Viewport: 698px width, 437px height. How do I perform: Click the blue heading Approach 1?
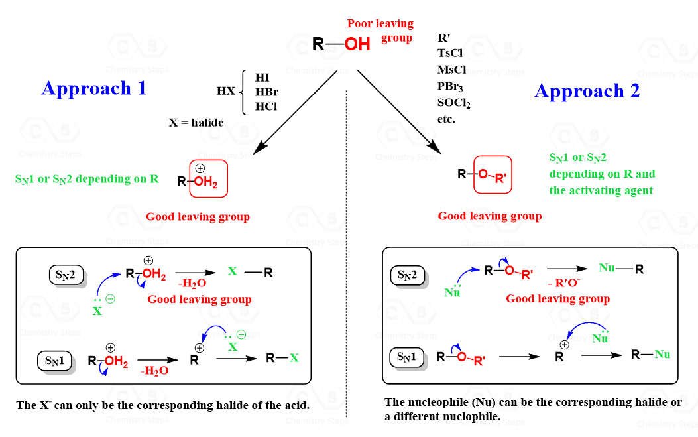click(93, 88)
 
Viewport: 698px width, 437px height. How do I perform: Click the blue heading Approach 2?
click(587, 91)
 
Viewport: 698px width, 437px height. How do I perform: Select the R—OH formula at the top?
click(341, 45)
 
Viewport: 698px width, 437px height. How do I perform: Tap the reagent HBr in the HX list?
click(266, 92)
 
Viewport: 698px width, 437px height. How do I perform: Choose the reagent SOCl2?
click(453, 103)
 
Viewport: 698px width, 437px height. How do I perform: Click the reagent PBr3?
click(451, 87)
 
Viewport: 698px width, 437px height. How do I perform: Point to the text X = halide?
click(196, 123)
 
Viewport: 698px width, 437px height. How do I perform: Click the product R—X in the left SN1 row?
click(282, 358)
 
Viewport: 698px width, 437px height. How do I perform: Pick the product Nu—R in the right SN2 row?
click(620, 269)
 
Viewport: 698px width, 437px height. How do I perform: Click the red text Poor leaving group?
click(380, 31)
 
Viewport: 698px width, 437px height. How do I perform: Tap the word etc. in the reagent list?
click(446, 119)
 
